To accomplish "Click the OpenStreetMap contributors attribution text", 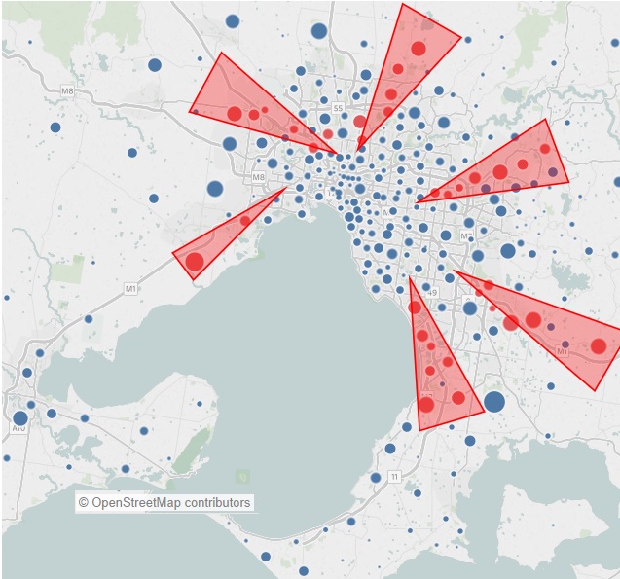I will coord(164,502).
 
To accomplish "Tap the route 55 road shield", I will coord(338,107).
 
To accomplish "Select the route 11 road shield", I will coord(393,476).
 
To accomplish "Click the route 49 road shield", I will coord(431,292).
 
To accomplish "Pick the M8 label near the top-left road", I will coord(67,91).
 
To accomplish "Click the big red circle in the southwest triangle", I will coord(195,261).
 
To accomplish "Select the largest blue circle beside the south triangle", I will coord(494,401).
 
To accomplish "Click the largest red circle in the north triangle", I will coord(419,49).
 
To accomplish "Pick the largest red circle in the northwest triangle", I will coord(235,114).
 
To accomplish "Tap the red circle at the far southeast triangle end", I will coord(599,345).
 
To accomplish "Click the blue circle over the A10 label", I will coord(20,417).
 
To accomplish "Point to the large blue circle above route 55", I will coord(319,31).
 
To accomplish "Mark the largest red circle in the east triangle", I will coord(500,172).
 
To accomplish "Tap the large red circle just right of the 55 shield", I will coord(360,122).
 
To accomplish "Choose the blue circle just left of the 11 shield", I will coord(376,477).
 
